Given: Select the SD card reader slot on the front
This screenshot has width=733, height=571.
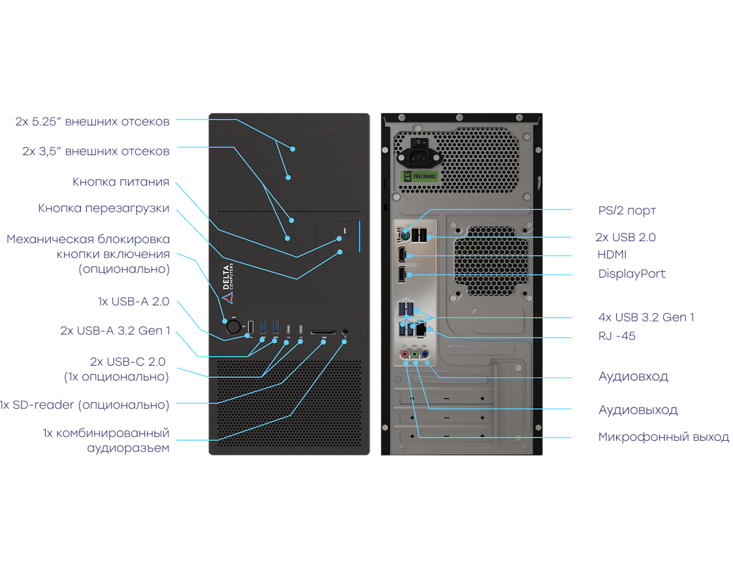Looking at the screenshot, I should pyautogui.click(x=322, y=332).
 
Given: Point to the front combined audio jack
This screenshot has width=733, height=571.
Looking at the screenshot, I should pyautogui.click(x=346, y=332).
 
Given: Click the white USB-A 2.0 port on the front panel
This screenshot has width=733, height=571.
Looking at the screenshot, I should pyautogui.click(x=251, y=327).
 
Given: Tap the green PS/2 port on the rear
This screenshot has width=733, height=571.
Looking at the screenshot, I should pyautogui.click(x=405, y=236).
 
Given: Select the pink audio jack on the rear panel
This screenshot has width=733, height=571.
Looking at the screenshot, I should pyautogui.click(x=405, y=354).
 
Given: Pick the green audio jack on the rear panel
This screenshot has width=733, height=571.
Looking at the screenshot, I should pyautogui.click(x=415, y=354).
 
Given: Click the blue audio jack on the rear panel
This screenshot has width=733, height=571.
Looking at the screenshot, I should pyautogui.click(x=425, y=354).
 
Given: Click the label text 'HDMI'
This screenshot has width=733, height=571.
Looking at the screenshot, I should pyautogui.click(x=612, y=255).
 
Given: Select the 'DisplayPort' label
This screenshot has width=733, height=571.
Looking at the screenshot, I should pyautogui.click(x=631, y=274).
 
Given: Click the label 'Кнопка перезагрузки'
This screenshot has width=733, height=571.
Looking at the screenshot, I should pyautogui.click(x=103, y=209).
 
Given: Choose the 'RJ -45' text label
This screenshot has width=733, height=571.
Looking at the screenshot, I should pyautogui.click(x=617, y=336).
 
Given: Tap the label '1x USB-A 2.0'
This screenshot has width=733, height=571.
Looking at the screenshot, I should pyautogui.click(x=133, y=302).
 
